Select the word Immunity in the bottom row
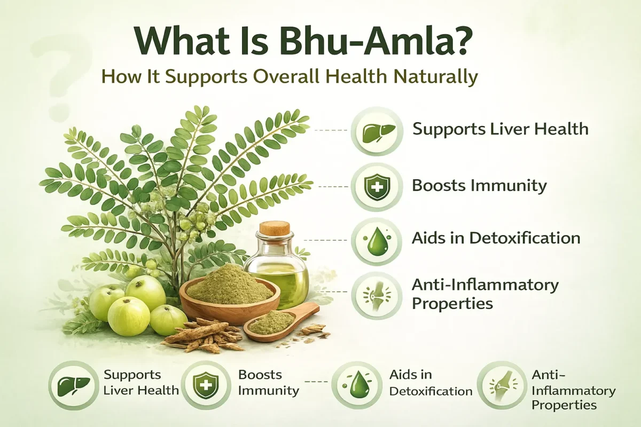point(268,390)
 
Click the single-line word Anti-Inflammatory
point(485,284)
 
